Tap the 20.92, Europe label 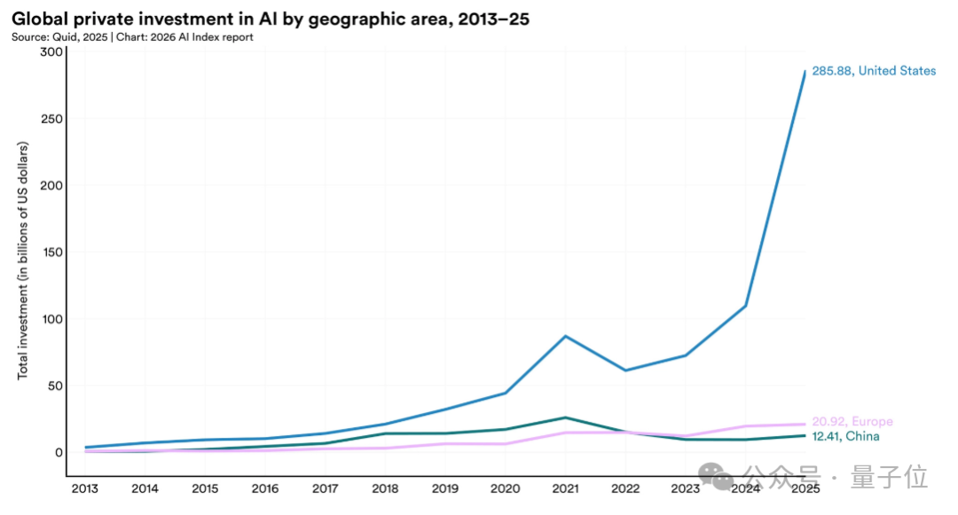(852, 422)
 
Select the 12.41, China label (846, 436)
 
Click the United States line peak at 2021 (565, 336)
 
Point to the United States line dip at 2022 (625, 371)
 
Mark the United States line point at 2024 (745, 306)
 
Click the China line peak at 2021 (565, 417)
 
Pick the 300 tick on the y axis (52, 52)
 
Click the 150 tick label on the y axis (52, 253)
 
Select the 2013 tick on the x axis (85, 488)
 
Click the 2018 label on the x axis (385, 488)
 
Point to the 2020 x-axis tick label (506, 488)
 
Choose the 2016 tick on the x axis (265, 488)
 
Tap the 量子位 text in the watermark (889, 478)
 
